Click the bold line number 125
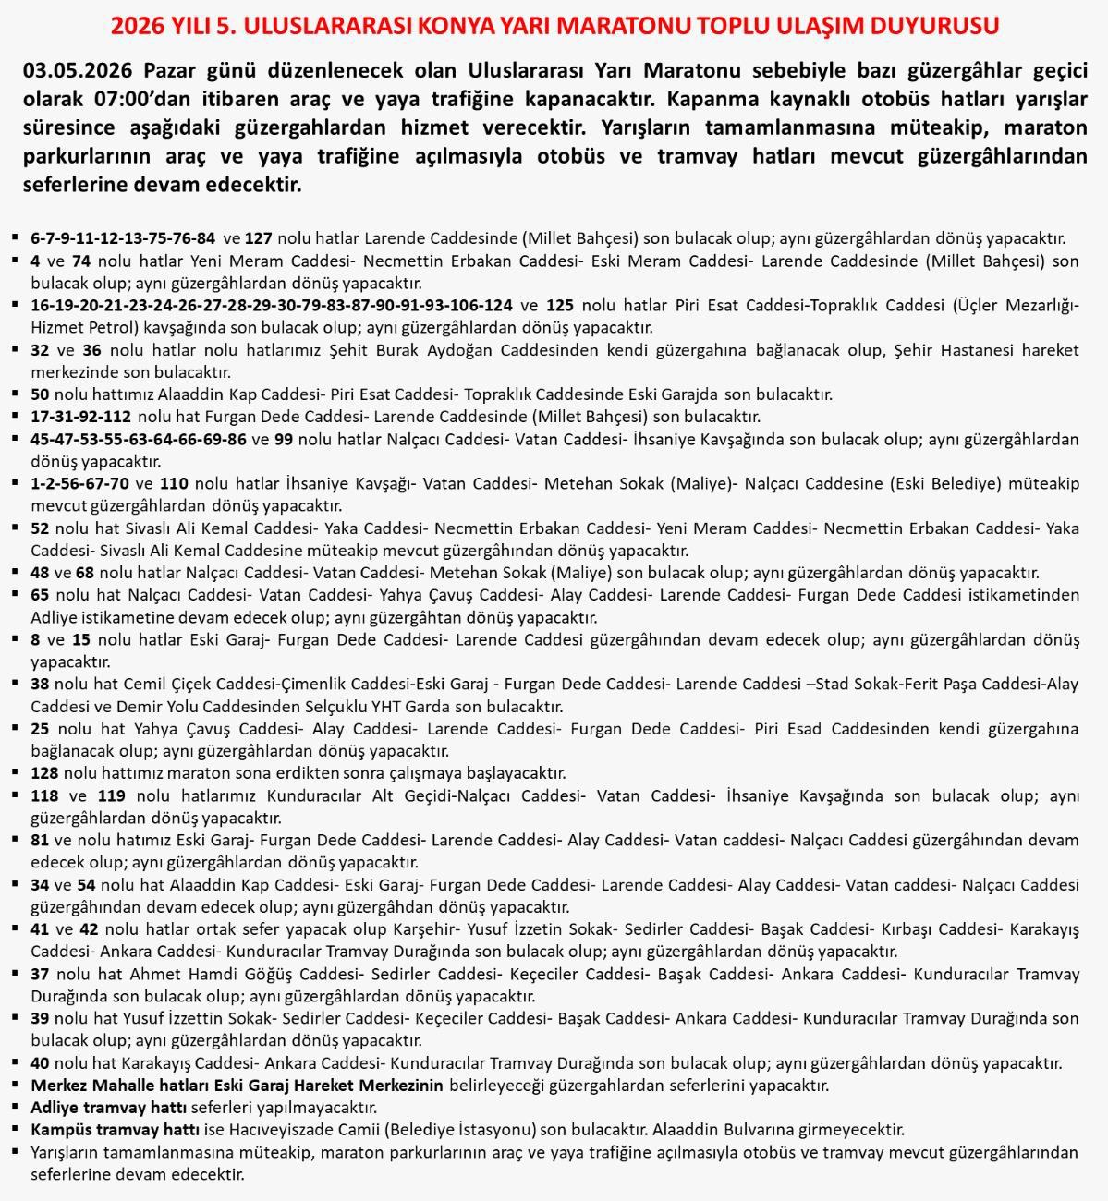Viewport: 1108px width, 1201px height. pos(560,305)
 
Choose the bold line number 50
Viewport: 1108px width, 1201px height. pos(40,394)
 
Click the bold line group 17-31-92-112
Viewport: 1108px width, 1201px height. pos(81,417)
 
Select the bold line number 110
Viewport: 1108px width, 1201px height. pos(174,483)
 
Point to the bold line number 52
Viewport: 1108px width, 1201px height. pos(40,528)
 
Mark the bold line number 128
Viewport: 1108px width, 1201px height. pos(44,773)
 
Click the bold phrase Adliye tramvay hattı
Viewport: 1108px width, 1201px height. pos(109,1108)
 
